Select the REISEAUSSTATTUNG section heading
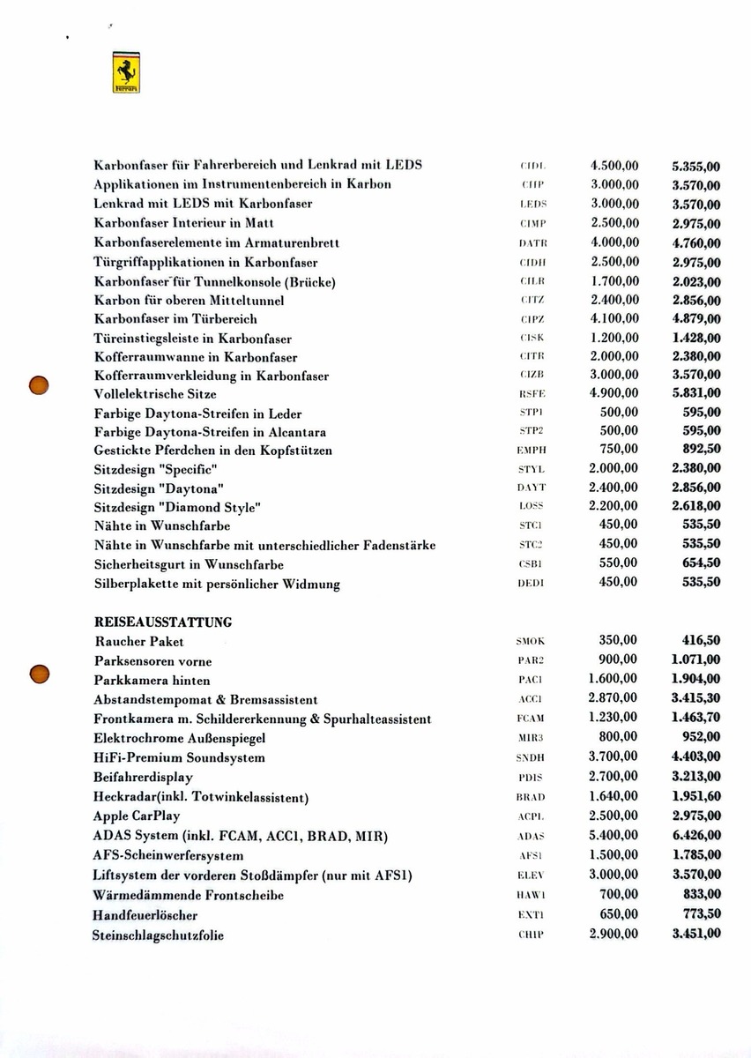point(163,622)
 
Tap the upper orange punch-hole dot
point(38,384)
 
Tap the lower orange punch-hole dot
point(38,674)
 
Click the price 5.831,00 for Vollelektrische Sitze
point(695,393)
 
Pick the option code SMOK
point(531,643)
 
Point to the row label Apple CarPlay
point(136,816)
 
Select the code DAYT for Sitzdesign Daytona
point(531,488)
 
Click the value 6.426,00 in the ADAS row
point(695,835)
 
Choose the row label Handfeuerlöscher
point(145,915)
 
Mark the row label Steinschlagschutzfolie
point(159,935)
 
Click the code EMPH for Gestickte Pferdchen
point(531,451)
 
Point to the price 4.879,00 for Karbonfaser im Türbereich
point(695,319)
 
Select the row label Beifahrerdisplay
point(143,778)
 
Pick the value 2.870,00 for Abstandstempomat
point(613,699)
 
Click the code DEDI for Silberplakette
point(531,583)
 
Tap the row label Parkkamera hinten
point(152,681)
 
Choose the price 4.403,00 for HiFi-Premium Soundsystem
point(695,757)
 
